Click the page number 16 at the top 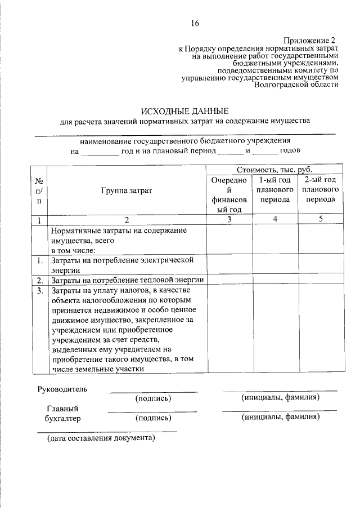(x=195, y=23)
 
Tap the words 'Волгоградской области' (x=296, y=85)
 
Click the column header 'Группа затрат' (x=127, y=190)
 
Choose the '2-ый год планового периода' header (x=320, y=189)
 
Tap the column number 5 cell (x=320, y=220)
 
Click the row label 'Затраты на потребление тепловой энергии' (x=127, y=280)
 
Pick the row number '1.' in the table (x=40, y=261)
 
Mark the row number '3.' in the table (x=40, y=291)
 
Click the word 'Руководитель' (x=62, y=389)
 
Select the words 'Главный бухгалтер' (x=62, y=414)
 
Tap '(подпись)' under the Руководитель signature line (x=153, y=398)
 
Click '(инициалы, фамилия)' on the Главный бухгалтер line (x=281, y=418)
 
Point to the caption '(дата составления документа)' (x=101, y=437)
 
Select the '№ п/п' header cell (x=39, y=190)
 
